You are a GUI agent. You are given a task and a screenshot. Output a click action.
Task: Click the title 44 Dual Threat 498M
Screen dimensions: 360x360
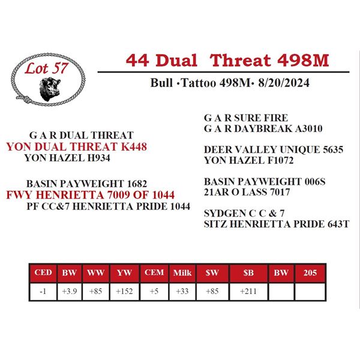(x=227, y=60)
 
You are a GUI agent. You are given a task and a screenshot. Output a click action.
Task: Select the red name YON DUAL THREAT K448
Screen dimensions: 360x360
(x=76, y=147)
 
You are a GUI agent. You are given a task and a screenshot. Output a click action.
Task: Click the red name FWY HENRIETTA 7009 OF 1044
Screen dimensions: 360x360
(x=90, y=195)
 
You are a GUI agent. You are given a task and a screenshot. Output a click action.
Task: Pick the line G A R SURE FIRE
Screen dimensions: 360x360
(x=246, y=118)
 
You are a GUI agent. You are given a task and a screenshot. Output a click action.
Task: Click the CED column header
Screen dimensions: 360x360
(x=44, y=273)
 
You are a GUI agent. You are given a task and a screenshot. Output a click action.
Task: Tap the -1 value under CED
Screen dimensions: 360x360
(x=43, y=292)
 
